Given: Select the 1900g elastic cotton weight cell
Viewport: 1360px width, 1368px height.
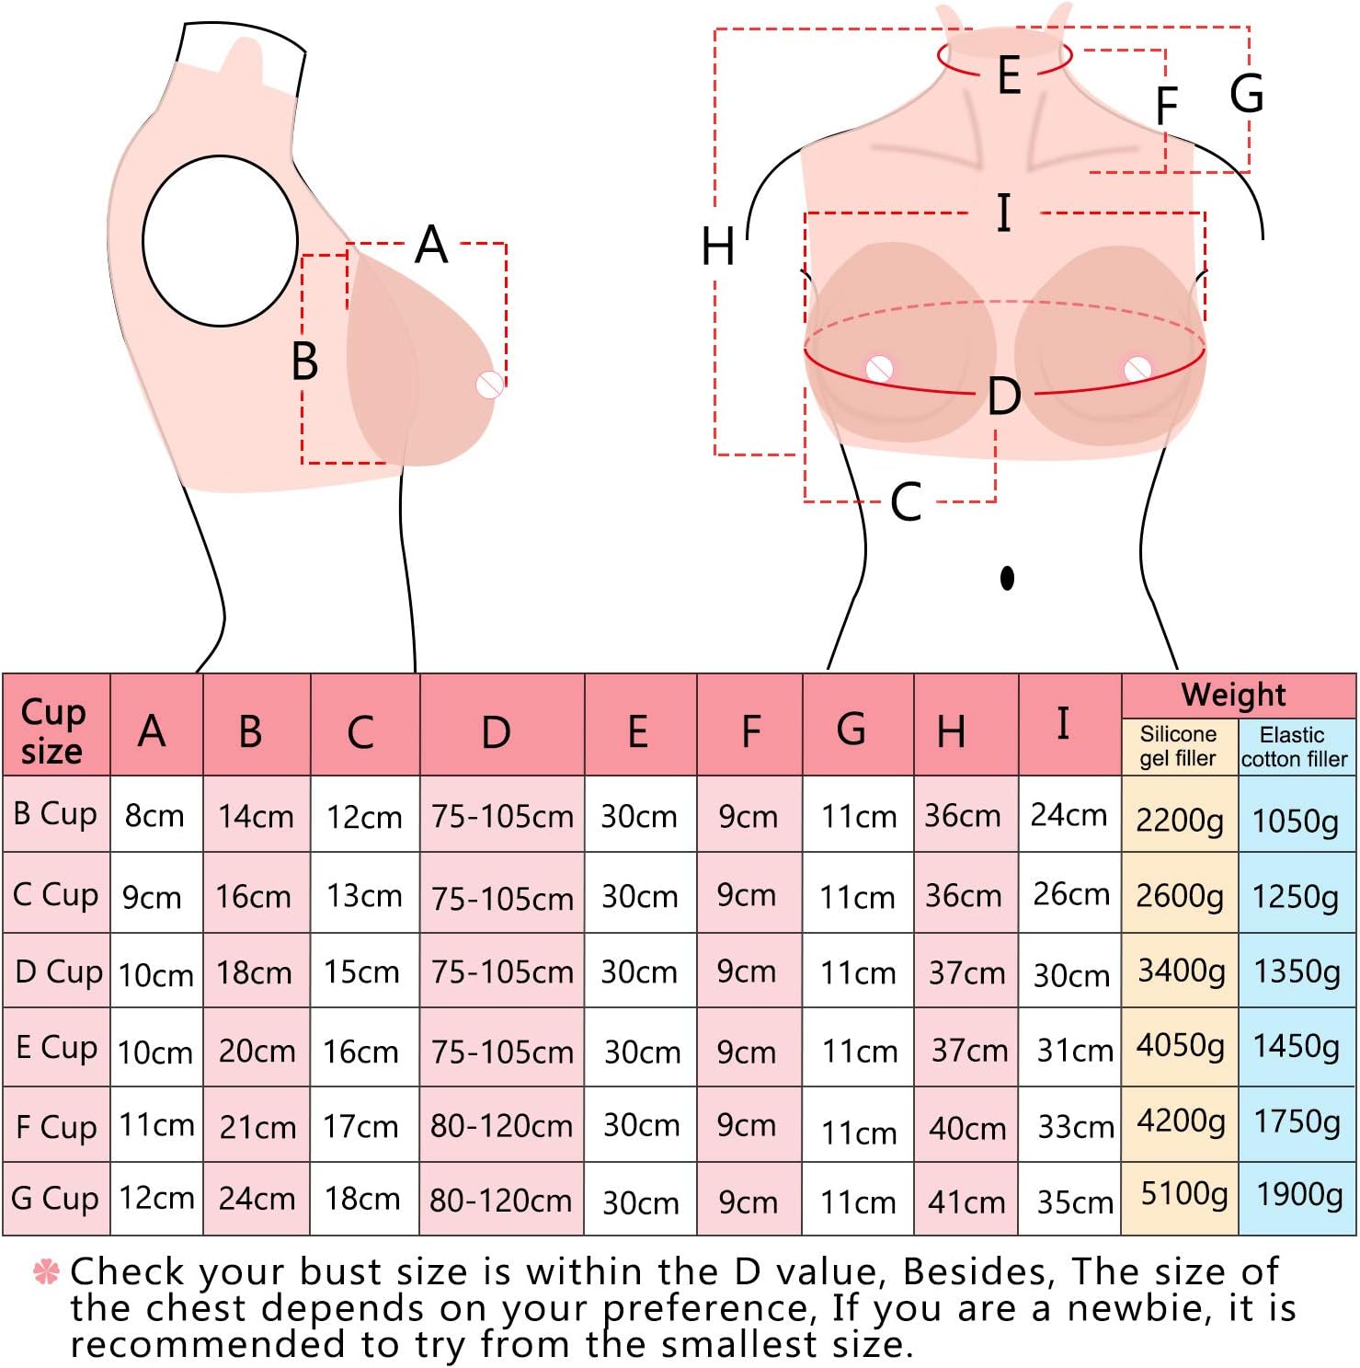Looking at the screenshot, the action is click(x=1298, y=1194).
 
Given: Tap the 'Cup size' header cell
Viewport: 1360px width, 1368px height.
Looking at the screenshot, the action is click(x=53, y=730).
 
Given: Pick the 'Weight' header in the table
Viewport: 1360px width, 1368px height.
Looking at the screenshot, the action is click(x=1233, y=695).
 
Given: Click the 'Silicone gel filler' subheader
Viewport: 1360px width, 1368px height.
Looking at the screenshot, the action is click(x=1178, y=746).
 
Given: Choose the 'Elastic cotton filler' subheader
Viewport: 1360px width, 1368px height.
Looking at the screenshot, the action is click(x=1294, y=747).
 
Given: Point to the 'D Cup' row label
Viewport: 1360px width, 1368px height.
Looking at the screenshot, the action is click(x=58, y=971).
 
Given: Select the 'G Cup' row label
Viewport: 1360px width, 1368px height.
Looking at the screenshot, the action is click(x=55, y=1198).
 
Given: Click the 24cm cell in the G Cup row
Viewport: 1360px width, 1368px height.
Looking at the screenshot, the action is click(x=257, y=1198).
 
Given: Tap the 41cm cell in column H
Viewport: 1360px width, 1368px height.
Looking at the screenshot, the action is click(x=966, y=1201).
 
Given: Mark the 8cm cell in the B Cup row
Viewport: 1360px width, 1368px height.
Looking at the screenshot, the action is click(x=154, y=815).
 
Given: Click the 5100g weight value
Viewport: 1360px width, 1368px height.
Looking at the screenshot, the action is click(x=1183, y=1194).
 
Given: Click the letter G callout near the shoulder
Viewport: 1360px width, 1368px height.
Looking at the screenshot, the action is click(x=1247, y=94).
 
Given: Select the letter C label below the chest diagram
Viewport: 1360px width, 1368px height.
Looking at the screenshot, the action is click(x=906, y=502).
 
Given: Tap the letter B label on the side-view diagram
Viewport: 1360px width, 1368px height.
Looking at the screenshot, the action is click(x=304, y=361).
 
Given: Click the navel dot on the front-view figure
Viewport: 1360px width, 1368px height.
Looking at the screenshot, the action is click(x=1007, y=578).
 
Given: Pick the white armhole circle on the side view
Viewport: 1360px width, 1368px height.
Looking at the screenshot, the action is click(x=220, y=241).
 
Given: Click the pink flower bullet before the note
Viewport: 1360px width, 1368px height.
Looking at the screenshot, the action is click(x=46, y=1271).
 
